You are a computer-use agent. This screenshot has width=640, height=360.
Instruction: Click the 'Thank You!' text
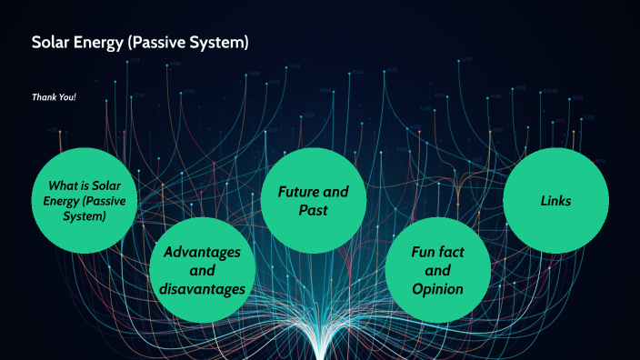click(x=54, y=96)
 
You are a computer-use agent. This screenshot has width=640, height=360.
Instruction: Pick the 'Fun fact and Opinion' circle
click(x=437, y=270)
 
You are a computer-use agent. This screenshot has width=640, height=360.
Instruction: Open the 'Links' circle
click(x=555, y=201)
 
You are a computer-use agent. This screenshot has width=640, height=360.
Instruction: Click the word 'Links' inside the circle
click(x=555, y=201)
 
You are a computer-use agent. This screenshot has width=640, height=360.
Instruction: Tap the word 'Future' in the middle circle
click(x=288, y=192)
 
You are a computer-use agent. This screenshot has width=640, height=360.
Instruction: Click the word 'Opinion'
click(x=437, y=289)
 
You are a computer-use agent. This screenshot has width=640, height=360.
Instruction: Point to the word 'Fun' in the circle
click(x=421, y=251)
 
